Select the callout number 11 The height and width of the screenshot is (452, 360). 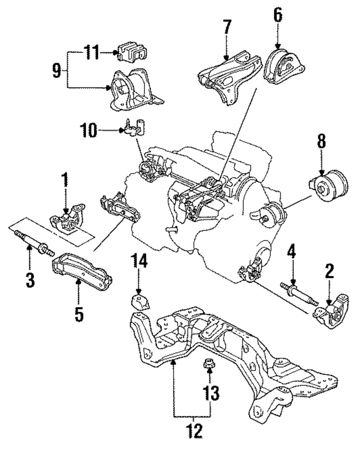coord(91,52)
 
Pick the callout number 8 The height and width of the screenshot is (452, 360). coord(321,141)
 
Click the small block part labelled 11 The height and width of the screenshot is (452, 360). coord(132,52)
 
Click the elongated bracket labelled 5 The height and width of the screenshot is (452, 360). coord(82,272)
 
